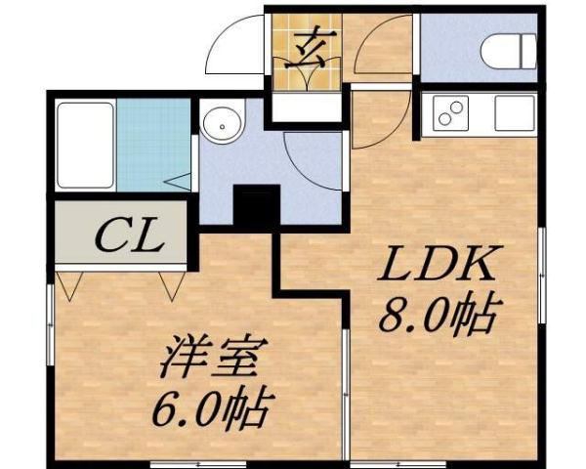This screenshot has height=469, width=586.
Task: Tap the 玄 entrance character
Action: pyautogui.click(x=305, y=47)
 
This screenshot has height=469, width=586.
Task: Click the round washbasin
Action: pyautogui.click(x=224, y=125)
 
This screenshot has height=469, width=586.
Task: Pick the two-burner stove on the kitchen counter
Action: pyautogui.click(x=452, y=115)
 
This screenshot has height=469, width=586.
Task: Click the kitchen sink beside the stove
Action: pyautogui.click(x=513, y=113)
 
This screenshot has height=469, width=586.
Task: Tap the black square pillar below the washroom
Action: pyautogui.click(x=257, y=207)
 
